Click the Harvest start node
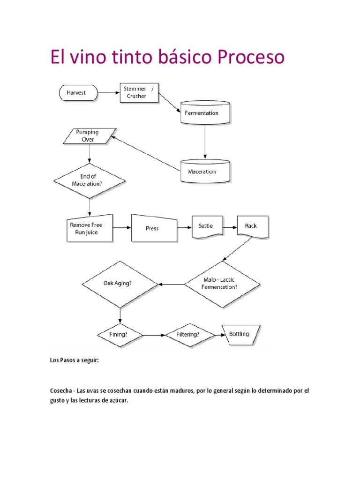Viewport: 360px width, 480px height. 78,93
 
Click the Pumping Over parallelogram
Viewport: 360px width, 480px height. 89,136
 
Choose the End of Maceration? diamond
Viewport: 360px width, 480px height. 90,180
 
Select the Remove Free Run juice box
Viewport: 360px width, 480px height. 90,228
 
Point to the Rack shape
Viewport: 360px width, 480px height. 253,226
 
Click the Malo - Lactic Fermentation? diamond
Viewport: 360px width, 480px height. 222,284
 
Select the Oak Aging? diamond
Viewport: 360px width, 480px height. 120,284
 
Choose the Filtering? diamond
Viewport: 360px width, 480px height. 189,335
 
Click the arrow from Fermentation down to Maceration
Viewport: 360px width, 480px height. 204,142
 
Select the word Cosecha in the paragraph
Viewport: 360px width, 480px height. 61,390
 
